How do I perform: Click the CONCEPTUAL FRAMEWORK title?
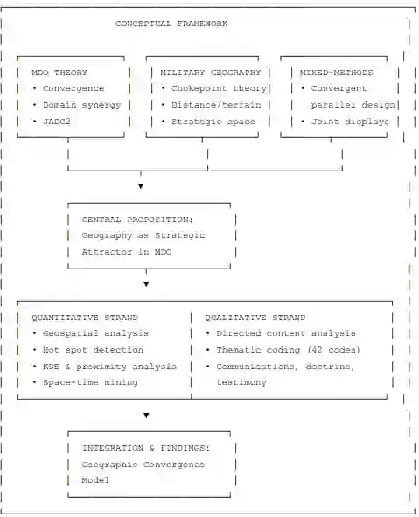pyautogui.click(x=171, y=24)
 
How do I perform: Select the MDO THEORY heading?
pyautogui.click(x=59, y=73)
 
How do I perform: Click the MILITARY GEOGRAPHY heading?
pyautogui.click(x=210, y=73)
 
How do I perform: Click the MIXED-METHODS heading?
pyautogui.click(x=336, y=73)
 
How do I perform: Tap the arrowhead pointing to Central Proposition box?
pyautogui.click(x=141, y=186)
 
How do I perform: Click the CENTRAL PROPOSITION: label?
pyautogui.click(x=137, y=220)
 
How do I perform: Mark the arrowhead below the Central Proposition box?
pyautogui.click(x=146, y=284)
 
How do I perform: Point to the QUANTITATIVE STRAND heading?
pyautogui.click(x=85, y=318)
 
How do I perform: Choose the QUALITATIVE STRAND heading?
pyautogui.click(x=255, y=318)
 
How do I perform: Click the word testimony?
pyautogui.click(x=241, y=382)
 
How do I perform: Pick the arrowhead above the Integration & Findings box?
pyautogui.click(x=146, y=416)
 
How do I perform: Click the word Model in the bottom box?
pyautogui.click(x=95, y=480)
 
